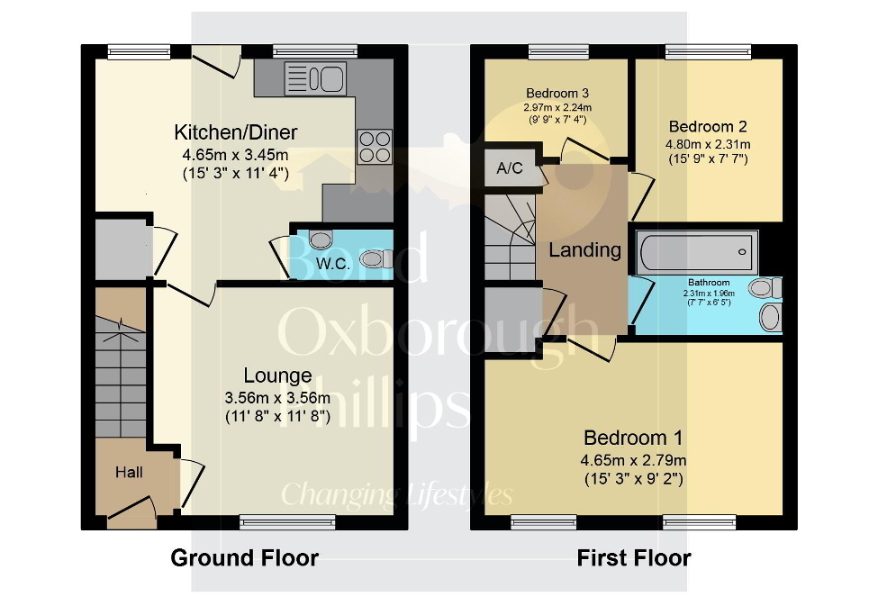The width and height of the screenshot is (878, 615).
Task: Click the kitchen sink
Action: (x=315, y=77)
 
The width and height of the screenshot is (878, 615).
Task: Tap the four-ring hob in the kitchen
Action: (x=375, y=147)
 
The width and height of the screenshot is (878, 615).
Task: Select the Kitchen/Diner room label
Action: (x=236, y=133)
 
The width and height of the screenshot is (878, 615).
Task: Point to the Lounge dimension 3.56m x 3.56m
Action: (x=277, y=397)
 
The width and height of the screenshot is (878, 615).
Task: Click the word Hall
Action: (x=129, y=471)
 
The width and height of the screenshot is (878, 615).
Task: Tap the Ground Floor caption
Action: (x=244, y=558)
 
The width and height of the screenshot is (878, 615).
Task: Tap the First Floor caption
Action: (x=634, y=558)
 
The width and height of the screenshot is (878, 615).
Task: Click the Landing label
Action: (x=584, y=249)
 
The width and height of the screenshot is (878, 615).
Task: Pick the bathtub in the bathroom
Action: (x=697, y=251)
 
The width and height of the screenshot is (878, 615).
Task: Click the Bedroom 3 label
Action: (x=558, y=93)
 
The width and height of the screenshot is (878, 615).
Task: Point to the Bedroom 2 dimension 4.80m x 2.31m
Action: (x=708, y=144)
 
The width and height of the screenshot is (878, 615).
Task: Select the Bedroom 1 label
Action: (x=633, y=439)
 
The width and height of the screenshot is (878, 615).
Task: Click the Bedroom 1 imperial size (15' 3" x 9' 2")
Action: (x=633, y=478)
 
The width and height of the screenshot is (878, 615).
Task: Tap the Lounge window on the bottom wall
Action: (x=288, y=522)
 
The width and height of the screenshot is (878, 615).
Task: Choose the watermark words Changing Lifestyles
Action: (x=397, y=494)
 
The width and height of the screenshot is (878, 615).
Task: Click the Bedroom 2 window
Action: (x=708, y=52)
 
